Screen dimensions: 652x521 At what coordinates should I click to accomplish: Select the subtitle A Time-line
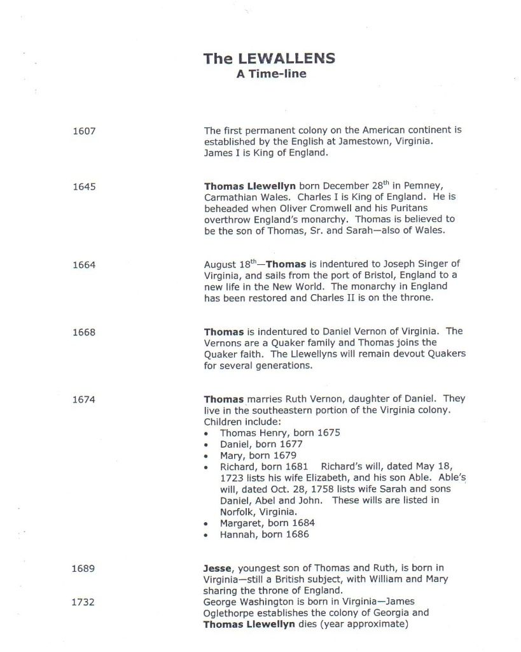pos(271,74)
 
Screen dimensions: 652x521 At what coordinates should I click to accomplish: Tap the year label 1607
pos(84,132)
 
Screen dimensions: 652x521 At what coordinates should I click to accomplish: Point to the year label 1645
pos(84,187)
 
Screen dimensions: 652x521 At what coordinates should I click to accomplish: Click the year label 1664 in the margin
pos(84,265)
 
